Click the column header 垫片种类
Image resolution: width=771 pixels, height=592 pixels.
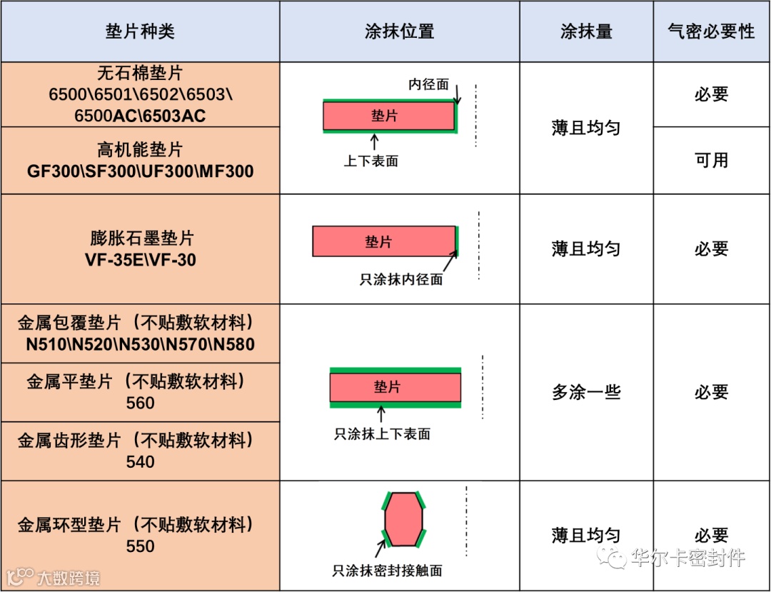point(140,31)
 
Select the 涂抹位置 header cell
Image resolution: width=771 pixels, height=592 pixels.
point(399,31)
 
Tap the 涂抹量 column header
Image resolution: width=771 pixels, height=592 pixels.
point(586,31)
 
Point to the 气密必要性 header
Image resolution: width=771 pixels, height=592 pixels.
point(711,31)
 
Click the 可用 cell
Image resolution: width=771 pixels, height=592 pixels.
point(711,160)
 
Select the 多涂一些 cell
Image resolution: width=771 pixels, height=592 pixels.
point(586,392)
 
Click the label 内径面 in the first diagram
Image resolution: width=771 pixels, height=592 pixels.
point(428,84)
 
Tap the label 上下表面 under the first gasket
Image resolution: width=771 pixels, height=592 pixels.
point(371,161)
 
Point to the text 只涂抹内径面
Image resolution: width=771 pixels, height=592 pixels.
point(401,279)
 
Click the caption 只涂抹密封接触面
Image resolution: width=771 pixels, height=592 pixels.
point(388,571)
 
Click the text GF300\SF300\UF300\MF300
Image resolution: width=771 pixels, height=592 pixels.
point(140,171)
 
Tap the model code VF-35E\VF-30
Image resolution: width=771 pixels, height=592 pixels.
point(140,260)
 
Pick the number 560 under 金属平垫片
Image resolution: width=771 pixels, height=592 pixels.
point(140,403)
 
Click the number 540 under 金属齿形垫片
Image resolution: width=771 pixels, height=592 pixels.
point(140,462)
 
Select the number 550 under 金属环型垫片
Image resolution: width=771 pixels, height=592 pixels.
point(140,546)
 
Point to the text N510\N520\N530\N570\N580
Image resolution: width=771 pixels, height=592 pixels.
point(140,344)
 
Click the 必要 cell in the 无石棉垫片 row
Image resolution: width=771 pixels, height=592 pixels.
point(711,94)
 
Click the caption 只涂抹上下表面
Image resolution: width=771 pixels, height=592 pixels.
point(382,433)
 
